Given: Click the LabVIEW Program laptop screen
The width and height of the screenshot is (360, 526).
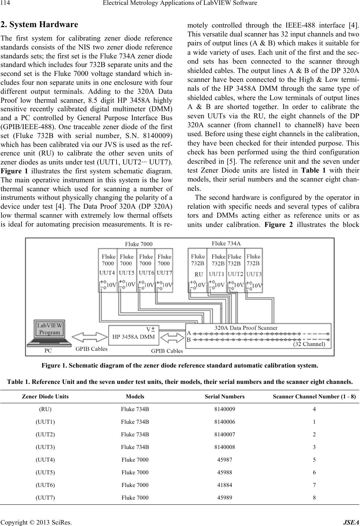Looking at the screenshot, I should click(x=50, y=329).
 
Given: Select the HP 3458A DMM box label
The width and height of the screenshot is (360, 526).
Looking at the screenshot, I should click(x=133, y=337).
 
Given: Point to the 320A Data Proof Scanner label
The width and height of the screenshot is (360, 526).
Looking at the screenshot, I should click(x=246, y=328).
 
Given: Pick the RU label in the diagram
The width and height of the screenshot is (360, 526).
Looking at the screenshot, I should click(x=199, y=274).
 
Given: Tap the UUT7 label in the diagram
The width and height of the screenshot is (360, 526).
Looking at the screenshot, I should click(x=165, y=272).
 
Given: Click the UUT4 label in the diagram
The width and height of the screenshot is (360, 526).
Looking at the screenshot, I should click(x=107, y=272).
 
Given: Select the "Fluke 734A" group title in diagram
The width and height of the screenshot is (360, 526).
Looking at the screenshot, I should click(x=226, y=243).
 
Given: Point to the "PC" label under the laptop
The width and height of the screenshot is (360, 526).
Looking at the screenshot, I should click(x=48, y=350).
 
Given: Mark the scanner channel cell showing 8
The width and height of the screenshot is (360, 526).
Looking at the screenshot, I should click(x=315, y=498).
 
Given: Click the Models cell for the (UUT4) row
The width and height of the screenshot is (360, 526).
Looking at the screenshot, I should click(x=135, y=460).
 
